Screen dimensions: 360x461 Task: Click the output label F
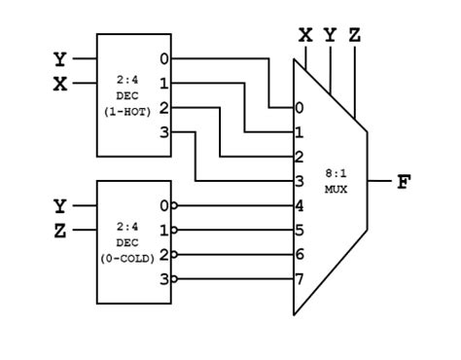pyautogui.click(x=404, y=182)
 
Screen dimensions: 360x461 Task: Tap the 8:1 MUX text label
pyautogui.click(x=336, y=182)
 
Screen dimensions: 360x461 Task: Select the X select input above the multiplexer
pyautogui.click(x=305, y=36)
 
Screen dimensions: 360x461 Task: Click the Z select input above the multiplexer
pyautogui.click(x=355, y=36)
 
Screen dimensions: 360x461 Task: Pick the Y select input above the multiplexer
pyautogui.click(x=331, y=36)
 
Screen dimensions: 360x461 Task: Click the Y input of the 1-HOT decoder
pyautogui.click(x=60, y=59)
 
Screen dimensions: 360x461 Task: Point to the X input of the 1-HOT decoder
pyautogui.click(x=60, y=84)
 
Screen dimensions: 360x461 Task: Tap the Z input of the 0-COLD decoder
pyautogui.click(x=60, y=230)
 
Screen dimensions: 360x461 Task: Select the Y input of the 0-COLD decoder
pyautogui.click(x=60, y=206)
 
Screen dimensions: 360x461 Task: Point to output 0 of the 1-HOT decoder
pyautogui.click(x=164, y=59)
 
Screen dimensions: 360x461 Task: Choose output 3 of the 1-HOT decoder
pyautogui.click(x=164, y=131)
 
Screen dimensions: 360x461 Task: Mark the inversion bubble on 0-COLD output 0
pyautogui.click(x=175, y=205)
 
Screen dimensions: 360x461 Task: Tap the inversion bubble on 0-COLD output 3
pyautogui.click(x=175, y=278)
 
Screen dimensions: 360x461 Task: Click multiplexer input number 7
pyautogui.click(x=300, y=279)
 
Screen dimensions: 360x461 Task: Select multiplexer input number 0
pyautogui.click(x=300, y=107)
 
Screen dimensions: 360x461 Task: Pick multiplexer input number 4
pyautogui.click(x=300, y=206)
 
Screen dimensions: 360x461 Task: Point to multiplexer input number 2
pyautogui.click(x=300, y=156)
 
